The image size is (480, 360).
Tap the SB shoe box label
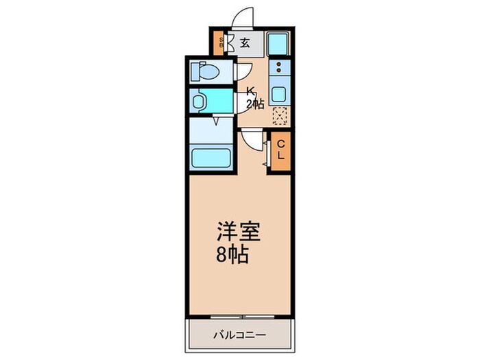pos(220,43)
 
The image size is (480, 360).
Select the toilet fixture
pos(206,71)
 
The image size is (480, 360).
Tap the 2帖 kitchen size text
pos(255,104)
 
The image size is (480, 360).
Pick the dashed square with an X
pos(279,115)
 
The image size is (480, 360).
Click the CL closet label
pos(280,149)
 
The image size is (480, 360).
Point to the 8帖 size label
pos(232,257)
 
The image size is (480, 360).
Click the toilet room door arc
pos(243,71)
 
